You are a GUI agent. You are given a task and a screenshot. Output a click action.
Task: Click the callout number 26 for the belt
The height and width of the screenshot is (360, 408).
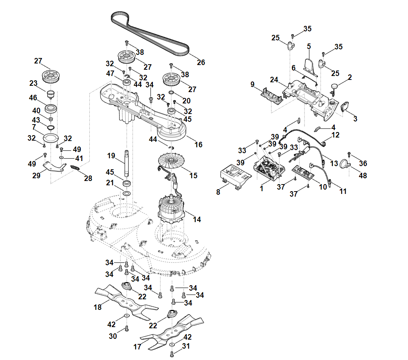tap(201, 62)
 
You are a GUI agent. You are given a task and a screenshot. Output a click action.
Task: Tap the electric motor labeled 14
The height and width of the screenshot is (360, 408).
tap(171, 212)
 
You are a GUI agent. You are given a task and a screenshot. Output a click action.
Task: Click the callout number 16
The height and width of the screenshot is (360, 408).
tap(199, 145)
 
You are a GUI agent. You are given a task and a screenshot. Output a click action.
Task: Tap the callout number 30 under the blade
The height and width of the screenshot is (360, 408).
tap(113, 336)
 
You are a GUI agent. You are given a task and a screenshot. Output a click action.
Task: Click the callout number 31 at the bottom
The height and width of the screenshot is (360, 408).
tap(186, 346)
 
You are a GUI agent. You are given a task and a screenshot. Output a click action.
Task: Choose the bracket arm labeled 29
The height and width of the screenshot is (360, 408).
tap(53, 166)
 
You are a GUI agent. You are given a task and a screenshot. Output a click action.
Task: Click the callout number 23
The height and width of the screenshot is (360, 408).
tap(33, 83)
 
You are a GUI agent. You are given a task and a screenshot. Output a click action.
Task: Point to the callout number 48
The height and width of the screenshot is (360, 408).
tap(363, 176)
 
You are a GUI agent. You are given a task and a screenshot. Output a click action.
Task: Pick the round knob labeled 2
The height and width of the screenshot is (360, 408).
tap(334, 86)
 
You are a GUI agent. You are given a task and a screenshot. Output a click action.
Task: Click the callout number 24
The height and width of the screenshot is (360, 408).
tap(274, 80)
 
